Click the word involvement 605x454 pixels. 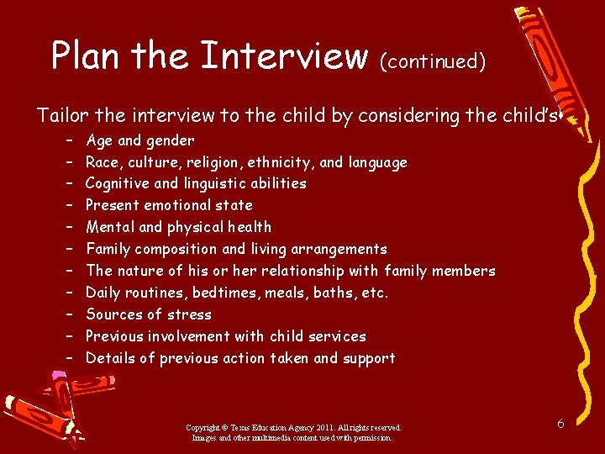pos(187,336)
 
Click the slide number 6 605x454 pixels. pos(560,424)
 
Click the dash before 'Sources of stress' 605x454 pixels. pos(66,314)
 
